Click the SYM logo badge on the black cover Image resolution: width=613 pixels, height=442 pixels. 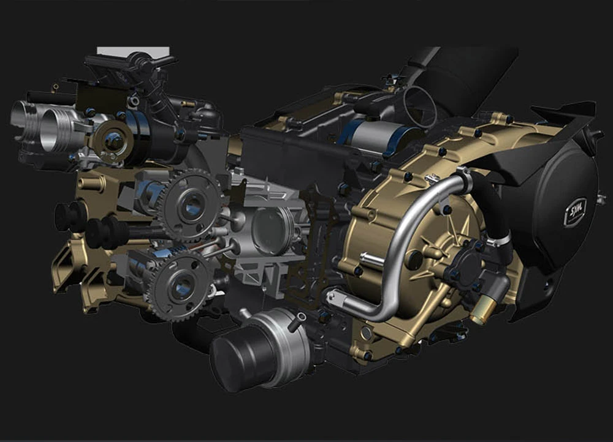(576, 212)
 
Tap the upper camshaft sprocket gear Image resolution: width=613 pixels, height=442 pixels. (191, 204)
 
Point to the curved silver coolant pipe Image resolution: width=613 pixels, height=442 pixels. (395, 250)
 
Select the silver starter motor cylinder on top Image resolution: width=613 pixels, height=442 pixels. (371, 137)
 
